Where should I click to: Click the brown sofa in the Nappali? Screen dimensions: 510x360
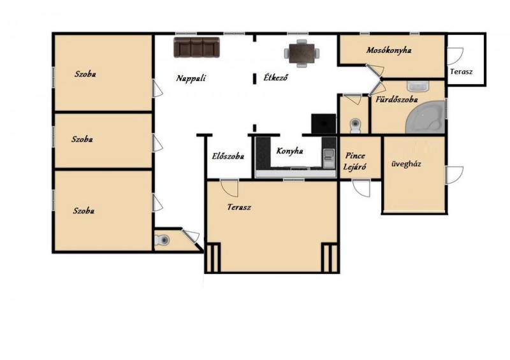click(x=196, y=47)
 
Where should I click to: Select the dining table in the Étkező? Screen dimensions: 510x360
click(x=302, y=54)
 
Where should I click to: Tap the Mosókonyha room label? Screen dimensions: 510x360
click(x=389, y=50)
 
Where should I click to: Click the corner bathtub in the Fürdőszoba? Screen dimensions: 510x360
click(x=425, y=117)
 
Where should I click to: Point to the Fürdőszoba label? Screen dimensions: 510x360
click(x=397, y=99)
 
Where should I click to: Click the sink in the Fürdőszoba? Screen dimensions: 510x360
click(x=418, y=87)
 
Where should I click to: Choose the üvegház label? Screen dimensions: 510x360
click(x=406, y=164)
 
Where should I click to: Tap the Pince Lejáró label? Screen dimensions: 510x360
click(x=355, y=161)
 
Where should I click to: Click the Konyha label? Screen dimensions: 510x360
click(x=290, y=151)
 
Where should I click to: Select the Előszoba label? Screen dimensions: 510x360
click(x=228, y=156)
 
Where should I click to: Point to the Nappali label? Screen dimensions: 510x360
click(x=191, y=78)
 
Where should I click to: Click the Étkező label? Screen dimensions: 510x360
click(x=275, y=78)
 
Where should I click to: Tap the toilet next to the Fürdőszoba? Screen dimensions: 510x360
click(x=355, y=126)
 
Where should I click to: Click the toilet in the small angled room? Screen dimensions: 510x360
click(x=162, y=240)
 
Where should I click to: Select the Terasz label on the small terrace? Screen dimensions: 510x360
click(x=461, y=71)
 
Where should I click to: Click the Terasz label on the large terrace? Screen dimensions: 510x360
click(x=239, y=207)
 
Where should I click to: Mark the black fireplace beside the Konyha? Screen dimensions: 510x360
click(x=323, y=124)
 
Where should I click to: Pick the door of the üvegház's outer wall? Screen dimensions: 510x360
click(x=455, y=175)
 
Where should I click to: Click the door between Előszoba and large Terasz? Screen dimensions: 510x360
click(x=229, y=187)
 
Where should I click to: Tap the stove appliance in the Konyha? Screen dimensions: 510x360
click(x=329, y=158)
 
